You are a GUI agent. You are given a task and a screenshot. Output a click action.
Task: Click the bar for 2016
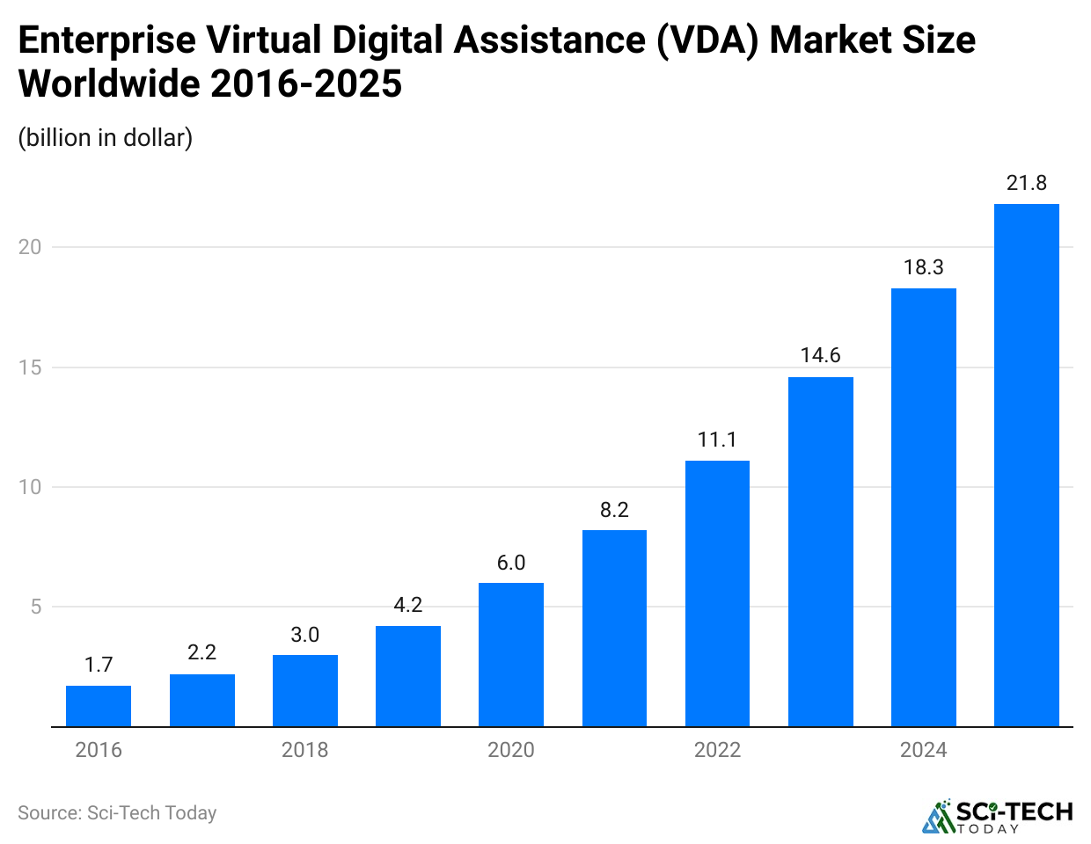pos(99,706)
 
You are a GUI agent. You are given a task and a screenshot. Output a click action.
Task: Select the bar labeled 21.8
pos(1026,465)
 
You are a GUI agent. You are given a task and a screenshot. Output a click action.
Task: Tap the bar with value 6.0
pos(511,654)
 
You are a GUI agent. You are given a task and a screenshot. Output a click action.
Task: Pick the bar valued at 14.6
pos(820,551)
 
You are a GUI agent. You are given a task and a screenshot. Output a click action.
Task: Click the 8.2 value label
pos(614,510)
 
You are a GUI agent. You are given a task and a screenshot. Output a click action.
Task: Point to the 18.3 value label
pos(923,267)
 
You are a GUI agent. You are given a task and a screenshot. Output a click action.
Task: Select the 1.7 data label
pos(99,665)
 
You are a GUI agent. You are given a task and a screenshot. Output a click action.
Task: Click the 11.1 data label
pos(717,440)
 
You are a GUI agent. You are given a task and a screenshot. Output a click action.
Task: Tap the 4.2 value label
pos(408,605)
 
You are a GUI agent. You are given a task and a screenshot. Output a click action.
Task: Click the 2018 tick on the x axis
pos(304,750)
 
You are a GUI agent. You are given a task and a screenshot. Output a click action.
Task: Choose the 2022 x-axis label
pos(717,750)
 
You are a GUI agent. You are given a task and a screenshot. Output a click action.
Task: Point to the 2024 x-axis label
pos(923,750)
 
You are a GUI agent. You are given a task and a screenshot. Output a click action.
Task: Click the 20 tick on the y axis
pos(30,247)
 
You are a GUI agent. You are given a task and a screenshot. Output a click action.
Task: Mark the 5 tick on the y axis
pos(36,607)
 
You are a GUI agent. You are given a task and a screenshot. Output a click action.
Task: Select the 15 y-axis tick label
pos(30,367)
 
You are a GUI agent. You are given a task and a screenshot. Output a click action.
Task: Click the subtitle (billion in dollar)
pos(106,138)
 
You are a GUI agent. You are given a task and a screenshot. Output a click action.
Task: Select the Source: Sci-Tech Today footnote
pos(117,813)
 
